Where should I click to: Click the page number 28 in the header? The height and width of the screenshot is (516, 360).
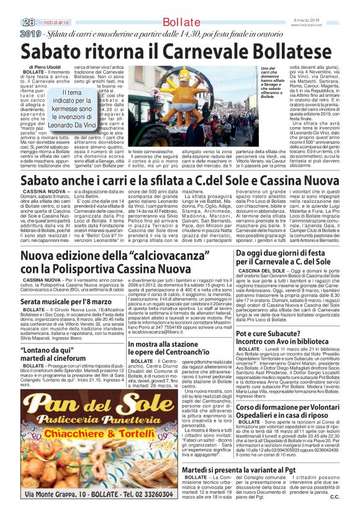pyautogui.click(x=28, y=22)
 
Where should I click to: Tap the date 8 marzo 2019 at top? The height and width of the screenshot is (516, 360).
pyautogui.click(x=324, y=20)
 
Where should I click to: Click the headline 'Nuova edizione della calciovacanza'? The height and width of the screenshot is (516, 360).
pyautogui.click(x=115, y=262)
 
